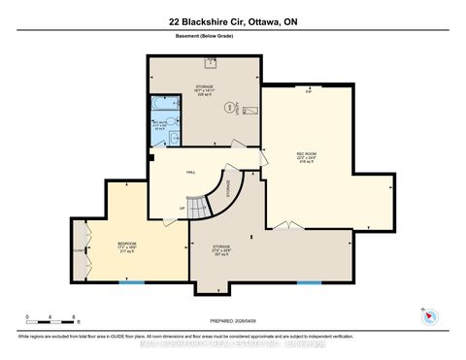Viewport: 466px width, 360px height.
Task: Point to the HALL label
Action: (x=191, y=172)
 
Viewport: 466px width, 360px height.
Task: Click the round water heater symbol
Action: (x=229, y=107)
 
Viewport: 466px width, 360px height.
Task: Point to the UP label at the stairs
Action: (x=183, y=207)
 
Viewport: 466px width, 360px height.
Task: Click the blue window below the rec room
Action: (x=309, y=281)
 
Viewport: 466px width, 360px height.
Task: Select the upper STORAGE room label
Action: (x=204, y=87)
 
